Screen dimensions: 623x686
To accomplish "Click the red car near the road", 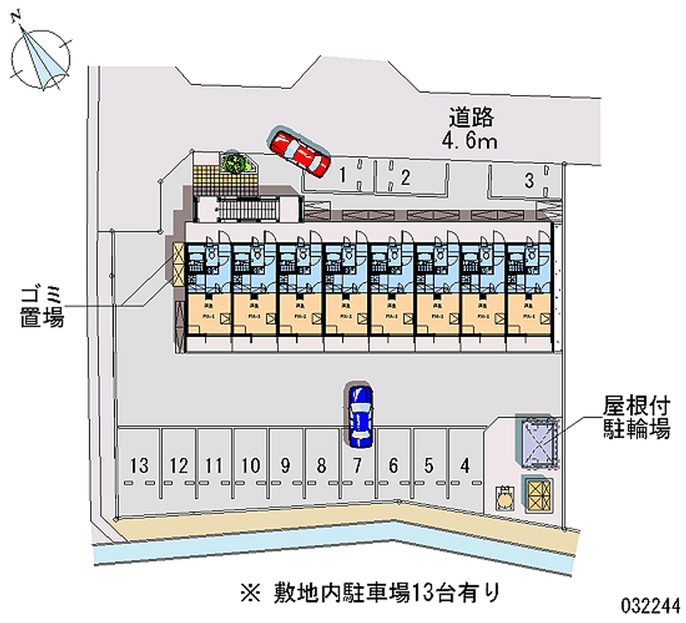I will (298, 151).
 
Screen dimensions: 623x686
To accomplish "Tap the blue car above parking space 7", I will (360, 415).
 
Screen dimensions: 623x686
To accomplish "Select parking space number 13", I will (141, 466).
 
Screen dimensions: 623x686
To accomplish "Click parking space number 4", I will (465, 466).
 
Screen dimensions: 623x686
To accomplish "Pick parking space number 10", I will (250, 466).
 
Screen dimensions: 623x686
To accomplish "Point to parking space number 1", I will (342, 176).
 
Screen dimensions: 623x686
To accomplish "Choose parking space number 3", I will (529, 180).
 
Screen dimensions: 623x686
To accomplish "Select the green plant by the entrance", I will (233, 162).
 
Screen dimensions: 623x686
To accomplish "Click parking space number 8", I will (321, 466).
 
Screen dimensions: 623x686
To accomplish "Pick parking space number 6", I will (393, 466).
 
